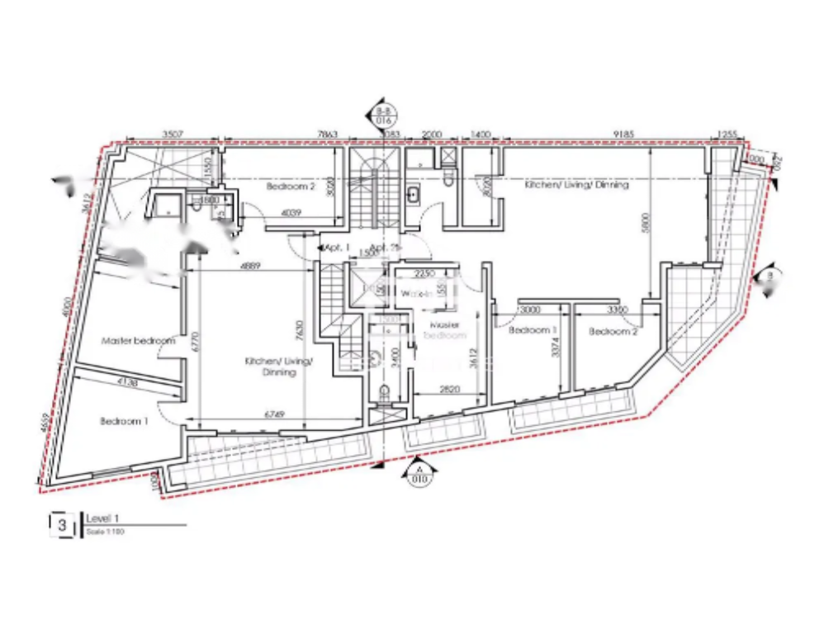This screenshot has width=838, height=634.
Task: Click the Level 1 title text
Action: (103, 518)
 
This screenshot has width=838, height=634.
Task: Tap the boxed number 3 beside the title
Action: (61, 524)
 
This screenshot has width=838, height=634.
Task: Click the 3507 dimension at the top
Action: (172, 133)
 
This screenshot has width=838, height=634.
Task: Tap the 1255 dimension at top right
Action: (727, 133)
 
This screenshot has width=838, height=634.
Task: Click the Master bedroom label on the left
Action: (138, 340)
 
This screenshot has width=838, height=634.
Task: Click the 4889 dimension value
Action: (251, 266)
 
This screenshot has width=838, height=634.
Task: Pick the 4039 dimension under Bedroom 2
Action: (291, 213)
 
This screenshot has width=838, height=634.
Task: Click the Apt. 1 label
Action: (337, 247)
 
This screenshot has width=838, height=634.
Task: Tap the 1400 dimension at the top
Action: (481, 133)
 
